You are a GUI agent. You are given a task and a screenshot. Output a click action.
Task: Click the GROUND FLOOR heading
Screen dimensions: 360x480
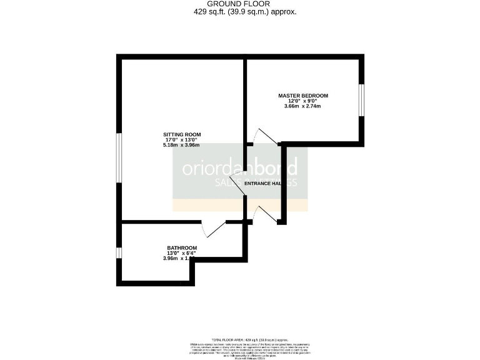click(x=240, y=4)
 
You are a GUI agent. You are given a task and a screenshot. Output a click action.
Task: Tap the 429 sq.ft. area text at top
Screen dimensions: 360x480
click(x=240, y=11)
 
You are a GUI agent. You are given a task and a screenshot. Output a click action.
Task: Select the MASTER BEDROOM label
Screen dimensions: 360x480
click(x=303, y=96)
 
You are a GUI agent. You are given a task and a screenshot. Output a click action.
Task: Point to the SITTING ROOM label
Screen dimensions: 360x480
click(x=182, y=135)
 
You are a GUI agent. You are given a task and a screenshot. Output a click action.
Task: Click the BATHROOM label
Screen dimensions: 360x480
click(x=182, y=247)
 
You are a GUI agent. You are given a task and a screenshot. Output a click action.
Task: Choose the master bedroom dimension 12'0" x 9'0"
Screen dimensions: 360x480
click(x=303, y=101)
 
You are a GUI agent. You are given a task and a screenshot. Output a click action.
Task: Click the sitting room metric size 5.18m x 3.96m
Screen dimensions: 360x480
click(x=182, y=146)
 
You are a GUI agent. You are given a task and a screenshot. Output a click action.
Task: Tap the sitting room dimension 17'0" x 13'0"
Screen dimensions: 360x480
click(x=182, y=140)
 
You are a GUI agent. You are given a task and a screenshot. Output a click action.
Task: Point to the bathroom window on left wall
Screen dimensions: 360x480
click(x=119, y=252)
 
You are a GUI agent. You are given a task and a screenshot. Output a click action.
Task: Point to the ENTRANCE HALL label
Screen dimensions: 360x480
click(x=270, y=184)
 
